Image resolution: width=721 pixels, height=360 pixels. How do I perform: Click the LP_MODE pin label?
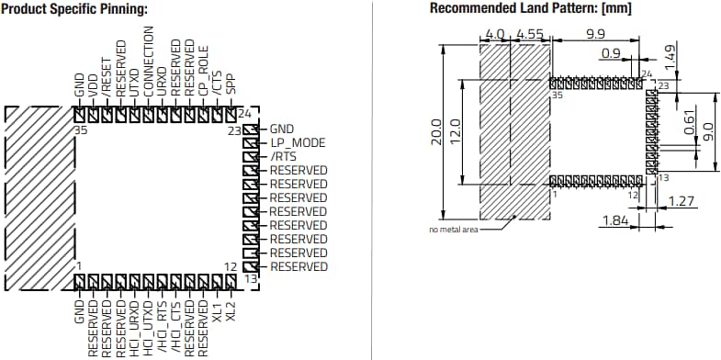click(x=298, y=143)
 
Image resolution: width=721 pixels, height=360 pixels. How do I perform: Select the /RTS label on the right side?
click(x=282, y=157)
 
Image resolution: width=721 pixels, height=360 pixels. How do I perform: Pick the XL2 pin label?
click(x=231, y=310)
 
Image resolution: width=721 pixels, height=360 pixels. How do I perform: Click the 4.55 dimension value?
click(x=530, y=34)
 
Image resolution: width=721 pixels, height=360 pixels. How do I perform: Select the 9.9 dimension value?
click(x=594, y=34)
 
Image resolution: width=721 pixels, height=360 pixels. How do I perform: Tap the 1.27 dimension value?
click(x=682, y=200)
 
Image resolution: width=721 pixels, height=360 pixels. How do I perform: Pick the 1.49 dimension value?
click(x=670, y=56)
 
